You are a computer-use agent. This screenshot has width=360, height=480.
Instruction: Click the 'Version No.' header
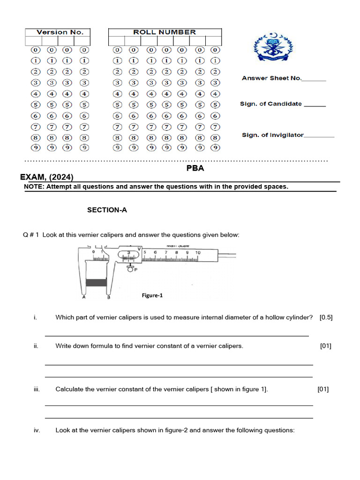click(x=60, y=32)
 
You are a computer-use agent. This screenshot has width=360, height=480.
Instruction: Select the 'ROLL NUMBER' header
click(x=165, y=32)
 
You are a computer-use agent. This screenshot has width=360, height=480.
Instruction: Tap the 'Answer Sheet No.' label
click(x=271, y=78)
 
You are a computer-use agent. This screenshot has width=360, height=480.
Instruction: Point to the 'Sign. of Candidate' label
click(x=271, y=104)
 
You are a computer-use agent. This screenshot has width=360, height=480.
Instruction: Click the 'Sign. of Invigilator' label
click(x=273, y=135)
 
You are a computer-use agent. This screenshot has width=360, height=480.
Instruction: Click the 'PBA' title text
click(x=195, y=168)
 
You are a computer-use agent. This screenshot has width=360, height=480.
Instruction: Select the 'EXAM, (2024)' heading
click(x=46, y=177)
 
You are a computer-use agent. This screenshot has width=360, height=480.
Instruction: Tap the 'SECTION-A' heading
click(x=107, y=210)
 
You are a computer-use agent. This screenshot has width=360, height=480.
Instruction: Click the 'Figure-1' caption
click(x=152, y=295)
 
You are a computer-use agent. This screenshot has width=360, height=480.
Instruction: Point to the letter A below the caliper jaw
click(x=83, y=297)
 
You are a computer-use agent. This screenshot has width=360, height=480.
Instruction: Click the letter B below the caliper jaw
click(x=108, y=297)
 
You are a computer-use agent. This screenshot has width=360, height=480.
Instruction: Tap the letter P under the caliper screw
click(x=135, y=270)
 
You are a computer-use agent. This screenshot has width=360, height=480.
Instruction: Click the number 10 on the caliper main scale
click(x=198, y=253)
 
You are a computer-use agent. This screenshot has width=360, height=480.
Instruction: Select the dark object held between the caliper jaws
click(x=97, y=282)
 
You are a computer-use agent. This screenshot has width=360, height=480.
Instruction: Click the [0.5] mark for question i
click(x=326, y=317)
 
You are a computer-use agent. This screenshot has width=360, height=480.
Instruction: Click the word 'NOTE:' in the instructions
click(x=34, y=187)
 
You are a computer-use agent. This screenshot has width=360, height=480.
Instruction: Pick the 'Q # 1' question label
click(x=31, y=235)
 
